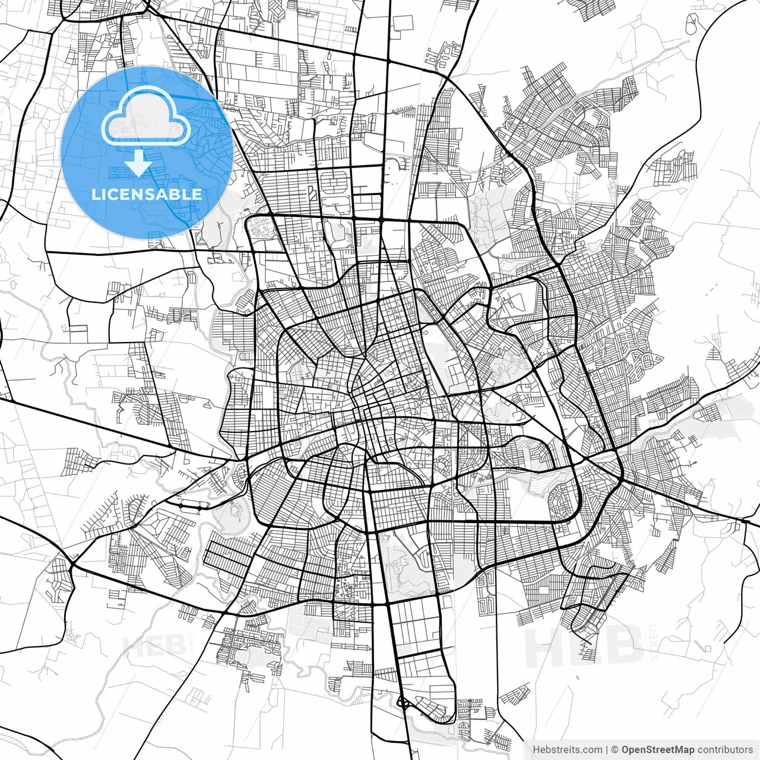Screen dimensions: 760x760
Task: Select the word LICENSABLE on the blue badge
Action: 147,194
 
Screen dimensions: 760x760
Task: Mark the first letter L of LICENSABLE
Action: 96,194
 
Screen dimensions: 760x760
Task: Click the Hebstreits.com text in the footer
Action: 567,750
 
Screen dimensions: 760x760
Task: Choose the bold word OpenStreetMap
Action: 657,750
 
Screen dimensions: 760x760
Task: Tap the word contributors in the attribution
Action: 725,750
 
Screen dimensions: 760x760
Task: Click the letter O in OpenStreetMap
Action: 626,750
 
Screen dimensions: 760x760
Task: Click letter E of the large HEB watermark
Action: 585,645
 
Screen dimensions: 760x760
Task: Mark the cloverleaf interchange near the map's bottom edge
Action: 404,704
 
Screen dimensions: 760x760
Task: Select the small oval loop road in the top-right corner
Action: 692,26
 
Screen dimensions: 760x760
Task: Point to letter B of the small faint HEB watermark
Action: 174,646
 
